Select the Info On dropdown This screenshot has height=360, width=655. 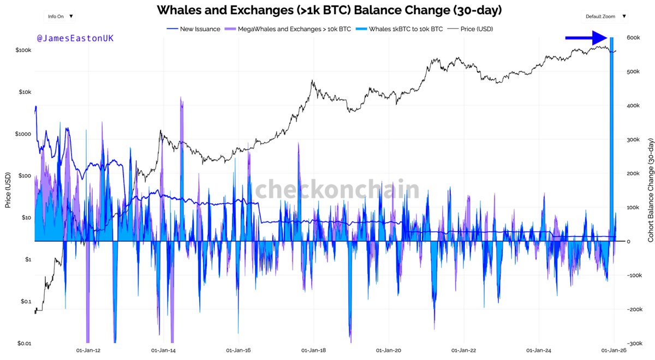tap(60, 16)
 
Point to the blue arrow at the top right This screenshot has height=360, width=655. tap(586, 38)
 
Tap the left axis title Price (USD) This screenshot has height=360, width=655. tap(8, 190)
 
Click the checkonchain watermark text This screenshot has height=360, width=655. tap(337, 189)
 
